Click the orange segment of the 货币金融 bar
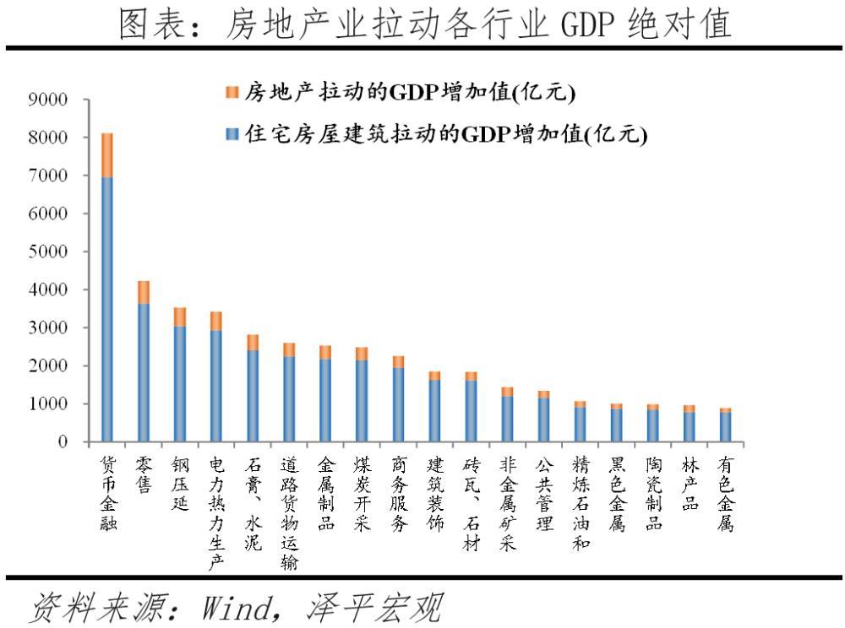tap(107, 155)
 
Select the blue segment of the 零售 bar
tap(144, 371)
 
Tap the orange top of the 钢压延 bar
tap(180, 317)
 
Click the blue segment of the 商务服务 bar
tap(398, 404)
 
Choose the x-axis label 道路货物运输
tap(289, 514)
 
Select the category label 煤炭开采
tap(362, 495)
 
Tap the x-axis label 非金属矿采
tap(507, 504)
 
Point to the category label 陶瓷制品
tap(653, 495)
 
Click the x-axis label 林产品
tap(690, 485)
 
